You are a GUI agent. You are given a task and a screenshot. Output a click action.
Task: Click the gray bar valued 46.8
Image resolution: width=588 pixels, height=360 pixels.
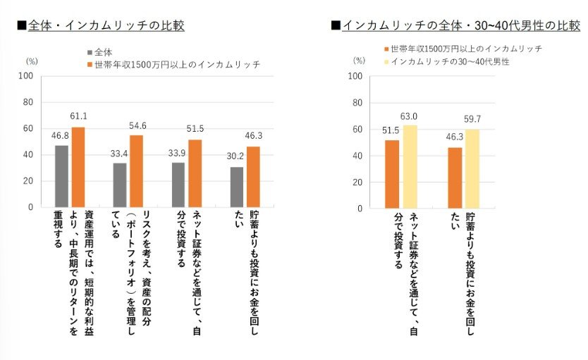[61, 176]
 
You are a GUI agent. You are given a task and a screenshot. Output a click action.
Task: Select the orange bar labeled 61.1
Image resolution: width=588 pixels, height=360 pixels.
[78, 167]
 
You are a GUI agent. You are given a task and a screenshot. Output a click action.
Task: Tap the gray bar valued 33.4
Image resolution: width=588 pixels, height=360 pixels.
[120, 185]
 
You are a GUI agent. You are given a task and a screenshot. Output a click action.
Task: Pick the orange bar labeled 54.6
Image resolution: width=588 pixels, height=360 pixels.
[137, 171]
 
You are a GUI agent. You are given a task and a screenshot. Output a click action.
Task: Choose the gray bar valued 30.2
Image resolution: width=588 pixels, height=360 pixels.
[236, 187]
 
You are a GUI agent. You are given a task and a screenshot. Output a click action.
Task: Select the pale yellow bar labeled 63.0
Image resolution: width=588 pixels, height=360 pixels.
[410, 166]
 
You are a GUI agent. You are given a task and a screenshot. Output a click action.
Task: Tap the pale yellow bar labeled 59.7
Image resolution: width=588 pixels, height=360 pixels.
[472, 168]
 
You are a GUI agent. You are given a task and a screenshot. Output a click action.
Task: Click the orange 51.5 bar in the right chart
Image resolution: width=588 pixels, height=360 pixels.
[392, 174]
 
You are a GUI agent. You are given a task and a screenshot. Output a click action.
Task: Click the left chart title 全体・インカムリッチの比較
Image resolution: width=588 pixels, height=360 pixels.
[105, 25]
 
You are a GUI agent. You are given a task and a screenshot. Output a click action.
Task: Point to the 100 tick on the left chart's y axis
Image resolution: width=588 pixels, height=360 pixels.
[26, 75]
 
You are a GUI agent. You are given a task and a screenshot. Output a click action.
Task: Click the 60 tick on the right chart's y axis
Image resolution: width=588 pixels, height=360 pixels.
[357, 129]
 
